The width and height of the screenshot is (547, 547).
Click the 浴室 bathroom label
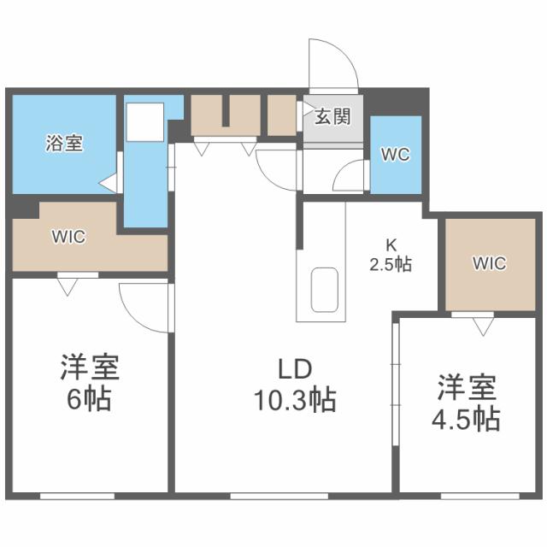pyautogui.click(x=64, y=144)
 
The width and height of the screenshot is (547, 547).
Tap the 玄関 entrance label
pyautogui.click(x=332, y=117)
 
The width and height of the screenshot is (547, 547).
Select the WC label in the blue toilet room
pyautogui.click(x=395, y=155)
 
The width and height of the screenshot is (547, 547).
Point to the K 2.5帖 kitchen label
pyautogui.click(x=390, y=255)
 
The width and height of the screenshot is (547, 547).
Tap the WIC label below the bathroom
pyautogui.click(x=68, y=237)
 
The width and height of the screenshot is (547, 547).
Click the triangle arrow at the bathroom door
pyautogui.click(x=107, y=182)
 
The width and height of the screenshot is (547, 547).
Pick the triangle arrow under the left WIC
pyautogui.click(x=68, y=287)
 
